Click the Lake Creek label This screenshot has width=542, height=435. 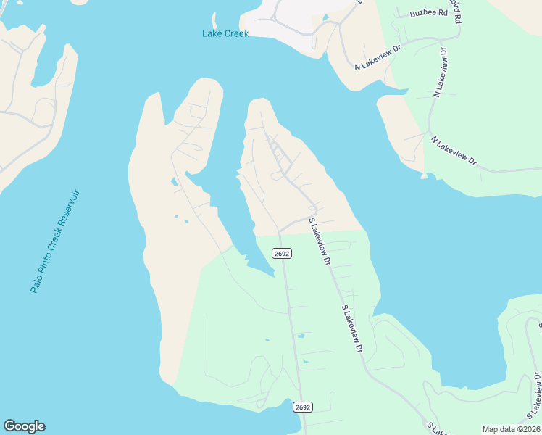[x=225, y=33]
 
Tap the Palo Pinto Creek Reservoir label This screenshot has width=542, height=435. [x=54, y=241]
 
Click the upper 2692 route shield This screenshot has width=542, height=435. [x=282, y=254]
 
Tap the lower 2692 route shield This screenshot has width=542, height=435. [x=303, y=407]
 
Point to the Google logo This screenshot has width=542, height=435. [x=24, y=426]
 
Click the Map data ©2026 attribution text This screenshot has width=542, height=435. [x=511, y=429]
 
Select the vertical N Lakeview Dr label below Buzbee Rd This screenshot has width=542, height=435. [x=441, y=72]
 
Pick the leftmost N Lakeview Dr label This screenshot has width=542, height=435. [x=378, y=57]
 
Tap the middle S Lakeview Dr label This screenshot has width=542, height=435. [x=351, y=329]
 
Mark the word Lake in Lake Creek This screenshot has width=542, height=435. [x=212, y=33]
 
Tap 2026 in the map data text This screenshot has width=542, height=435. [x=527, y=429]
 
